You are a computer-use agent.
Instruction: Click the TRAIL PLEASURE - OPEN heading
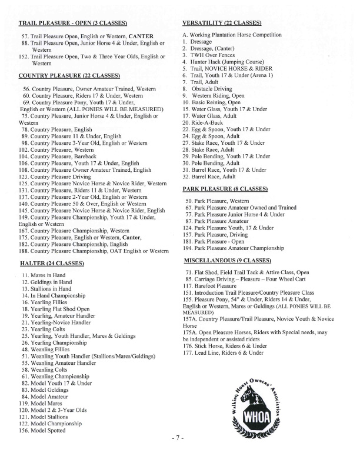pyautogui.click(x=73, y=23)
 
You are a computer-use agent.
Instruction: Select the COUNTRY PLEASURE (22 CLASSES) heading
pyautogui.click(x=69, y=76)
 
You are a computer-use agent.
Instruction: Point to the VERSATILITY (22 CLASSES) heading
pyautogui.click(x=222, y=23)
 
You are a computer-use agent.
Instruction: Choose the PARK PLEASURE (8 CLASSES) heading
pyautogui.click(x=225, y=188)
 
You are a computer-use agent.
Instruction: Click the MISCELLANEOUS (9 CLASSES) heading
pyautogui.click(x=227, y=259)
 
